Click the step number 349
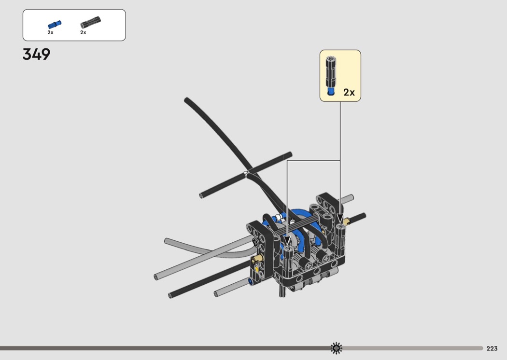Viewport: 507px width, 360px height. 37,55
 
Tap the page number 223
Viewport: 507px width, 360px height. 492,348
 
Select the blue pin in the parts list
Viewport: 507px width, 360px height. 54,25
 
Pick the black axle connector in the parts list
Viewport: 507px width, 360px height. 91,23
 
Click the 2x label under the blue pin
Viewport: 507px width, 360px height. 50,32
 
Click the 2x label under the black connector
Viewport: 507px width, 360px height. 83,32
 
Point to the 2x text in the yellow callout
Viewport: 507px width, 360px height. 349,93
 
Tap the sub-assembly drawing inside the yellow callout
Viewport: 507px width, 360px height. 331,76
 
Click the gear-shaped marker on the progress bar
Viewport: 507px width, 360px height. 336,348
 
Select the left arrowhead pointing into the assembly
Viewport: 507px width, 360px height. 287,240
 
